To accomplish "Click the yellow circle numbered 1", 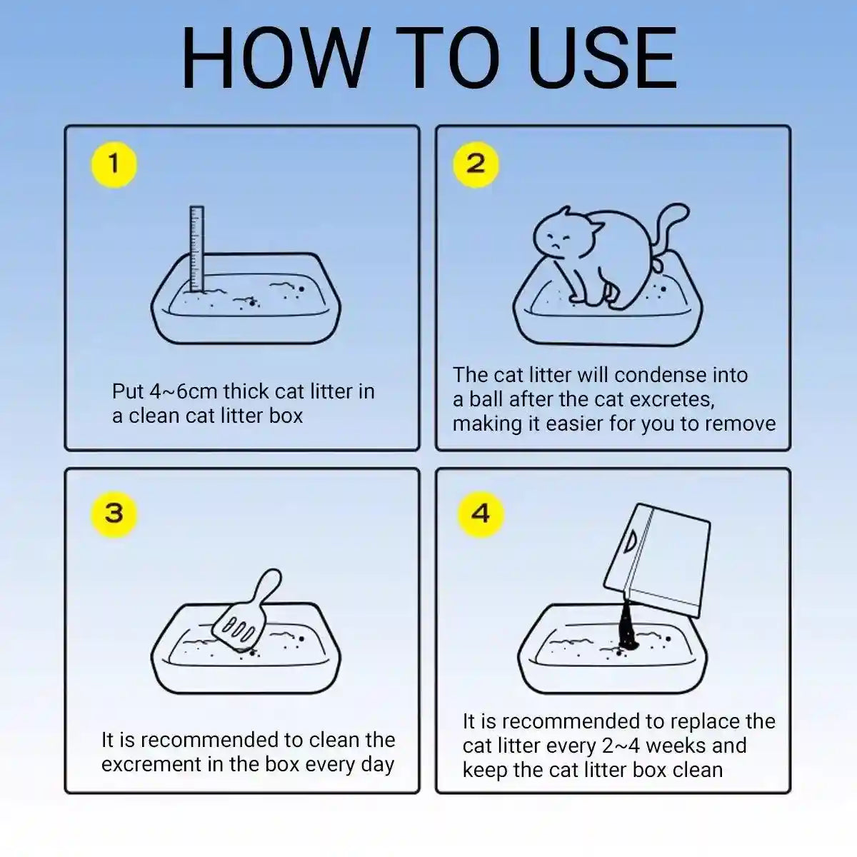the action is point(114,164).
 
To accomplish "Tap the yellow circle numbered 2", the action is point(476,164).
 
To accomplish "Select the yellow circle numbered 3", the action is point(114,514).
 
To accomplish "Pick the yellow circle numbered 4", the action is point(481,514).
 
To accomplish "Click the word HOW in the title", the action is point(276,59).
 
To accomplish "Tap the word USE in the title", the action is point(602,59).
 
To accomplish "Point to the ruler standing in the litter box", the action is point(196,249).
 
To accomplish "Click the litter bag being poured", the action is point(657,561).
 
